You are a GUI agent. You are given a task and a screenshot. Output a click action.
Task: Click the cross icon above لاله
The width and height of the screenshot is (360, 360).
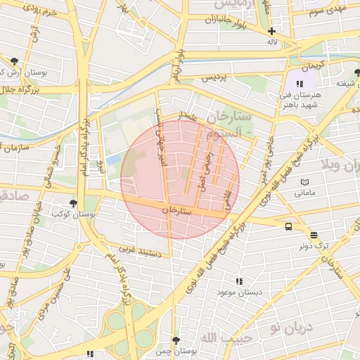(272, 31)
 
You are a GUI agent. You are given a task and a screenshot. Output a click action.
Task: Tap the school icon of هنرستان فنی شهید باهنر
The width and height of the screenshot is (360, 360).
(300, 84)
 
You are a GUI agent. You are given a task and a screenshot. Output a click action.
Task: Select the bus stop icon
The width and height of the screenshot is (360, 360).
(289, 226)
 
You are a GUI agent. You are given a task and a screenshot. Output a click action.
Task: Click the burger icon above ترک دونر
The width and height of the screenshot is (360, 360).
(313, 236)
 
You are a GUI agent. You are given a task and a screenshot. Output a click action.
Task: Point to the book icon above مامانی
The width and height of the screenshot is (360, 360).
(304, 181)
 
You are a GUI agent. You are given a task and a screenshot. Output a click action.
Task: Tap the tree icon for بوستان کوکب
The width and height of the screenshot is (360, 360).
(74, 203)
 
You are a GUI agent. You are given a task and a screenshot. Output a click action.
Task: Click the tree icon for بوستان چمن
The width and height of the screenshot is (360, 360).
(176, 340)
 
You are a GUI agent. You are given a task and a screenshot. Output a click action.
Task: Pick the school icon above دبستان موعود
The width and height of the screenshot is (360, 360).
(240, 281)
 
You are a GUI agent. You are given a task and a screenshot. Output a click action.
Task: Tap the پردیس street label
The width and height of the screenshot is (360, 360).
(215, 77)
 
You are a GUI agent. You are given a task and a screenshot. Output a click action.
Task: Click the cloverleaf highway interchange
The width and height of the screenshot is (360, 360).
(127, 327)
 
